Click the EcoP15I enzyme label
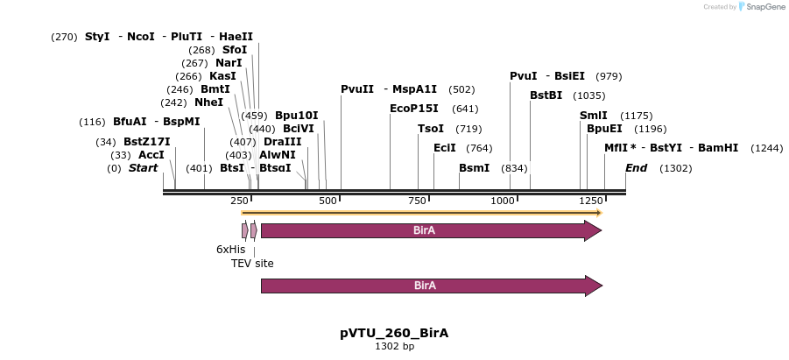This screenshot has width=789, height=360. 414,109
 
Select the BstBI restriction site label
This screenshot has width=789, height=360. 546,95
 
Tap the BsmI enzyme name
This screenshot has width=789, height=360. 474,168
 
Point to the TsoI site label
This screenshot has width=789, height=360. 431,129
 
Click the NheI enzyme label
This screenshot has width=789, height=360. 208,102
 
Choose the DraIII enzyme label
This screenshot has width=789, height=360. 282,142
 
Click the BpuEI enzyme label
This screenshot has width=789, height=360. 604,129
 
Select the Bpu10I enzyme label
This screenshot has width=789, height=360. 297,116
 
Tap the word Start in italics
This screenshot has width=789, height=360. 143,168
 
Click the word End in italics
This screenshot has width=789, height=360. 635,168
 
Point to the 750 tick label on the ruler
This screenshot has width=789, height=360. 418,201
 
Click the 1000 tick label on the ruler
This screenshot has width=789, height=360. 503,201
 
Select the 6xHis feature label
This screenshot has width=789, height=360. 230,250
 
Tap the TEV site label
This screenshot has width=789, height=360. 252,263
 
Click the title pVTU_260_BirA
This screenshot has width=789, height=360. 394,333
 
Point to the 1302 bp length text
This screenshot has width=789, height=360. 394,347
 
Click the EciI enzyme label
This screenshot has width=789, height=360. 446,149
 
